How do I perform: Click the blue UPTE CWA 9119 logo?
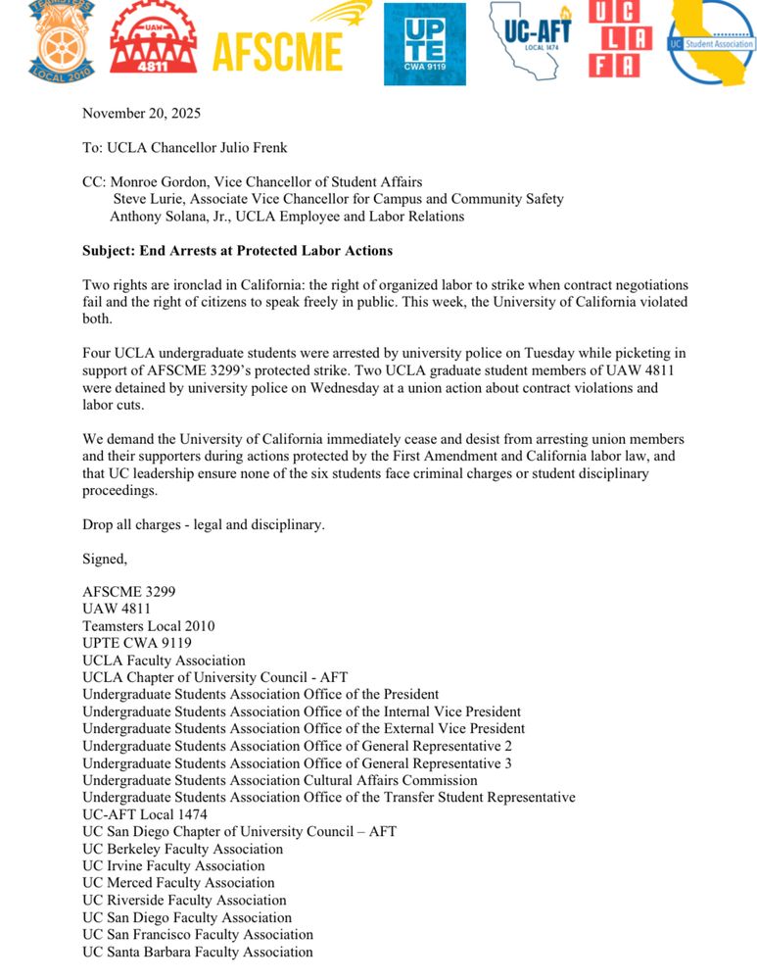(424, 44)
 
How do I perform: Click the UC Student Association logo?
(712, 42)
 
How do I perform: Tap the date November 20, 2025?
(141, 113)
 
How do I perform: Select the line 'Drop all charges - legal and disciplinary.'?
(203, 524)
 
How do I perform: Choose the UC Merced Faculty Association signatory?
(178, 883)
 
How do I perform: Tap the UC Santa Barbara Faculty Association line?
(198, 952)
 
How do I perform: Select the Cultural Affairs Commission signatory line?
(279, 780)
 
